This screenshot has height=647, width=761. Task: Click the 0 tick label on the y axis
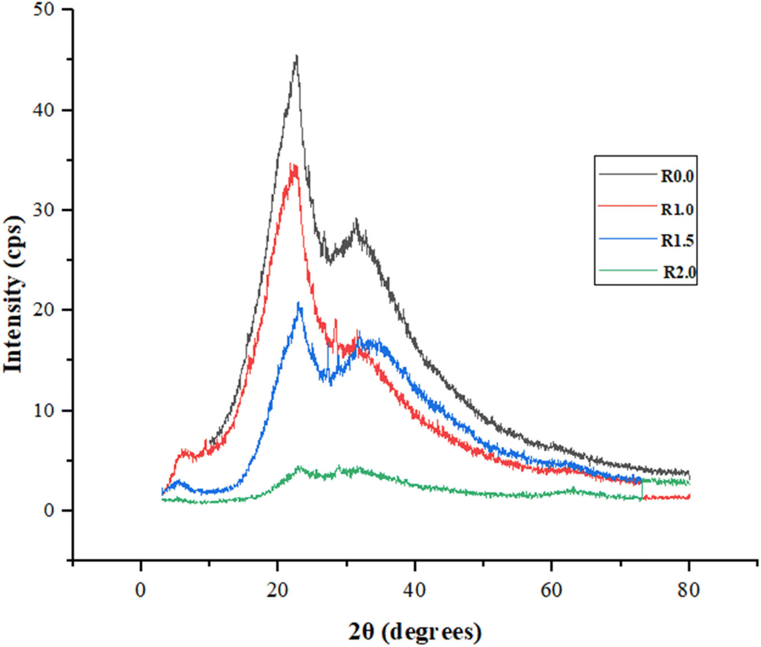(49, 510)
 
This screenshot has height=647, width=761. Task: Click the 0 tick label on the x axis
(141, 590)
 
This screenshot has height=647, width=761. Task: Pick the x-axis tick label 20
(278, 590)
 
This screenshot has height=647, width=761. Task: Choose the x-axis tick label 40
(414, 590)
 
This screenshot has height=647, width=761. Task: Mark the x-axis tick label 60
(552, 590)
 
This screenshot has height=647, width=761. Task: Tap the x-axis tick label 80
(688, 590)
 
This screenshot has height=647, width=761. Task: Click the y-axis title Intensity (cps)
(13, 294)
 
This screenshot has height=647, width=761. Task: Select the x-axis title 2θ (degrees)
(414, 632)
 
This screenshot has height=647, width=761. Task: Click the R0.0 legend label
(677, 176)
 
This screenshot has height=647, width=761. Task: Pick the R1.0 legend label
(677, 209)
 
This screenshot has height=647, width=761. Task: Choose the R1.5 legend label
(677, 240)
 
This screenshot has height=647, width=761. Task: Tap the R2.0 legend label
(679, 272)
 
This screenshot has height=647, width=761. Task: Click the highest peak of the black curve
(296, 56)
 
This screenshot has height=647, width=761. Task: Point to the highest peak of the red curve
(292, 164)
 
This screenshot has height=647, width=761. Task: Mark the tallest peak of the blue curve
(299, 304)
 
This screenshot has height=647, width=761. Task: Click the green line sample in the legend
(627, 271)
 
